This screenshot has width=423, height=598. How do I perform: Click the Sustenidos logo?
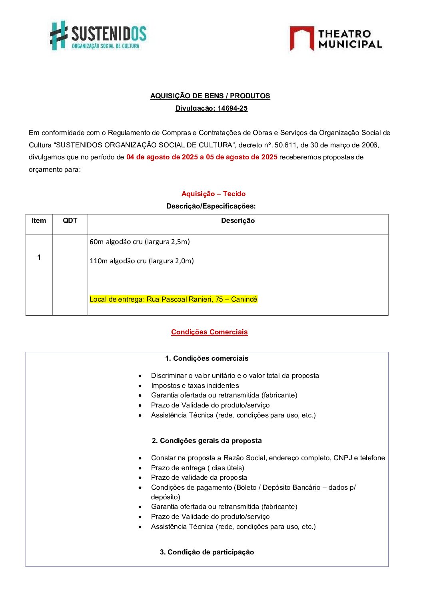pyautogui.click(x=98, y=36)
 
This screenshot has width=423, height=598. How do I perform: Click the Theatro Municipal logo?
pyautogui.click(x=335, y=39)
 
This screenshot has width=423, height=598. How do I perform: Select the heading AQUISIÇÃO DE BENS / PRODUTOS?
pyautogui.click(x=210, y=96)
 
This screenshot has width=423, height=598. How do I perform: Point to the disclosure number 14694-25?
pyautogui.click(x=232, y=108)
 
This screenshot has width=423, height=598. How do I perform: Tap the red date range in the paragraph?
pyautogui.click(x=202, y=157)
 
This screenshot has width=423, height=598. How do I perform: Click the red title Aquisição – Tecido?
pyautogui.click(x=213, y=194)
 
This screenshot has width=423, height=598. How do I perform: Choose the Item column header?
pyautogui.click(x=39, y=221)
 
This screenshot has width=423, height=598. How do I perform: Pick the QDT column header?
pyautogui.click(x=70, y=221)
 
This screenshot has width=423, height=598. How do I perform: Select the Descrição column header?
pyautogui.click(x=237, y=221)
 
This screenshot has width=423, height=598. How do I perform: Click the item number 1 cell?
pyautogui.click(x=39, y=257)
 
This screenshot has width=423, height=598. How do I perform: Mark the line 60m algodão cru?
pyautogui.click(x=140, y=242)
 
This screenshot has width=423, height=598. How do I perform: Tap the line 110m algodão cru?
pyautogui.click(x=142, y=261)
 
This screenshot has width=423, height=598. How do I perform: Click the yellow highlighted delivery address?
pyautogui.click(x=173, y=299)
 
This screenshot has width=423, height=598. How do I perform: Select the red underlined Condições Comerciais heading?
pyautogui.click(x=209, y=332)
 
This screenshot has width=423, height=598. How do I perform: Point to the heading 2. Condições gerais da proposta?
pyautogui.click(x=207, y=441)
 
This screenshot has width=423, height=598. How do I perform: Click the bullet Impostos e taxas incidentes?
pyautogui.click(x=195, y=385)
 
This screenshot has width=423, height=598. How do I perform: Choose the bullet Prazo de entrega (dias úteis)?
pyautogui.click(x=197, y=468)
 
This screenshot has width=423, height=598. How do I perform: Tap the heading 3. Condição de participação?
pyautogui.click(x=207, y=552)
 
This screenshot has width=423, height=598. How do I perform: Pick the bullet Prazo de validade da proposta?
pyautogui.click(x=199, y=477)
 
